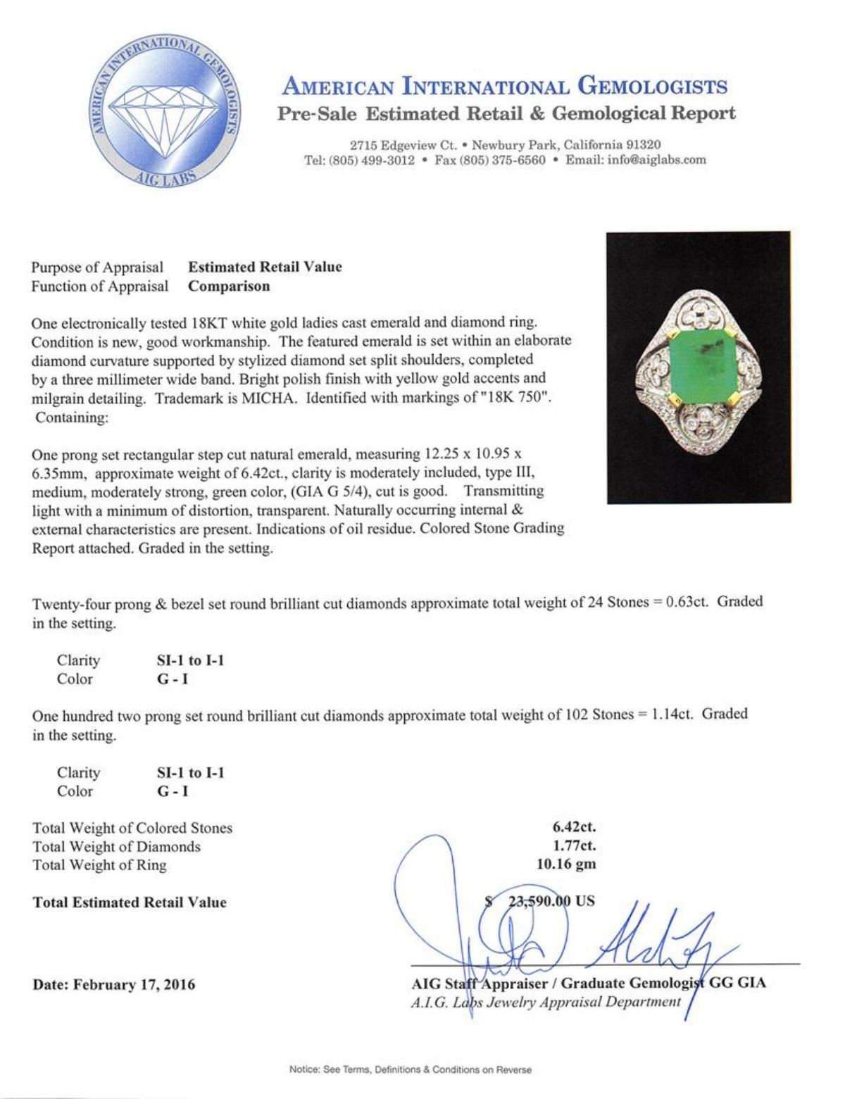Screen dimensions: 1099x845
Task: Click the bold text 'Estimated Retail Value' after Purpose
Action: pos(265,267)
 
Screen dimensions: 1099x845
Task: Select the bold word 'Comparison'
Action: pos(229,286)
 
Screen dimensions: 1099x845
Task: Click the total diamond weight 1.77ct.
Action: pos(575,846)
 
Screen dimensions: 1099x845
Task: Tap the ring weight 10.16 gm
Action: pos(566,865)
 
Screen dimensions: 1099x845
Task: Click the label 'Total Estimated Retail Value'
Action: pos(130,903)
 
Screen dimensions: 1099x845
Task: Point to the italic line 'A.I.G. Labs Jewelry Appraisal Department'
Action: pos(546,1002)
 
